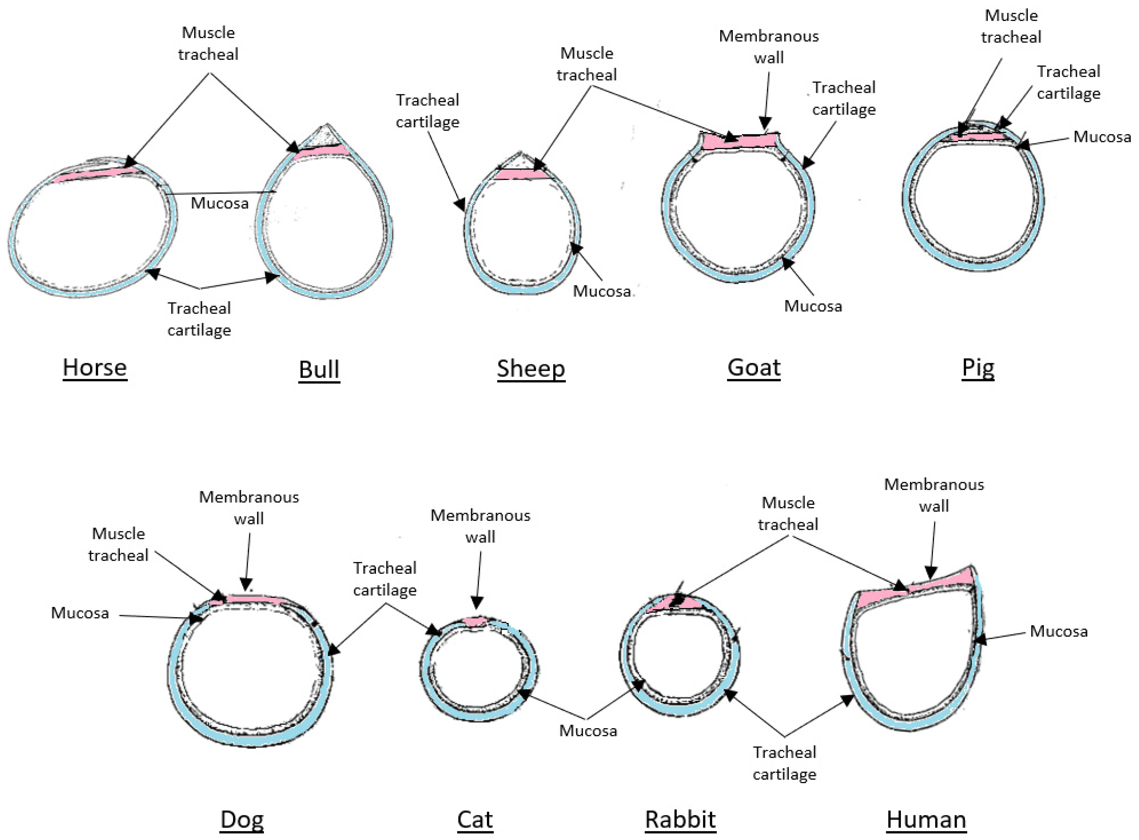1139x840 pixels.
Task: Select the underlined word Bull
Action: (x=319, y=369)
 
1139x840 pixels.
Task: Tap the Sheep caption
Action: (x=531, y=368)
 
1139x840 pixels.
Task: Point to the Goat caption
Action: (x=754, y=367)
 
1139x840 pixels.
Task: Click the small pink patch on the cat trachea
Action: (x=475, y=621)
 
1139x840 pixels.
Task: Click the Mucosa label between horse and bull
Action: (x=220, y=203)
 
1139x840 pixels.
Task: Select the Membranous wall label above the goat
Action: (x=769, y=47)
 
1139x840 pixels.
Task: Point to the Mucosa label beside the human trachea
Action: (x=1059, y=631)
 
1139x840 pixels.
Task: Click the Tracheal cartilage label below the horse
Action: (x=199, y=319)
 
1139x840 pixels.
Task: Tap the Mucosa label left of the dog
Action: (x=80, y=613)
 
